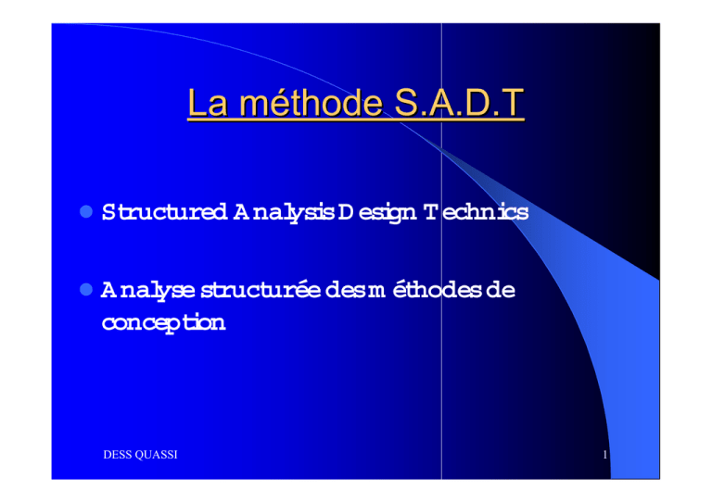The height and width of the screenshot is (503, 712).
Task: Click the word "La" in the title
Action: [208, 103]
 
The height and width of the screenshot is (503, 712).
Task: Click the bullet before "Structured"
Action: [86, 211]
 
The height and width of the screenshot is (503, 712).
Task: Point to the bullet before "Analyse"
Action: [86, 289]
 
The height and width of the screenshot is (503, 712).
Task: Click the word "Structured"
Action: [164, 212]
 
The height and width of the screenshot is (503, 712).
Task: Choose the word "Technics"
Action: [477, 212]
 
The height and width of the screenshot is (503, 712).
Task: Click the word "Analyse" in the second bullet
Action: [148, 291]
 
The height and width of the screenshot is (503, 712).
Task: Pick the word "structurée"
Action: [261, 290]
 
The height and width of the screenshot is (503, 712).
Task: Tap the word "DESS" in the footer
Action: [118, 455]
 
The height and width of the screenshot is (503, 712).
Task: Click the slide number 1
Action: [604, 455]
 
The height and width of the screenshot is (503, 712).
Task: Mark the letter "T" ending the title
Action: [513, 102]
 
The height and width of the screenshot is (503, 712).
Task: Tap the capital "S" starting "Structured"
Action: [108, 212]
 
